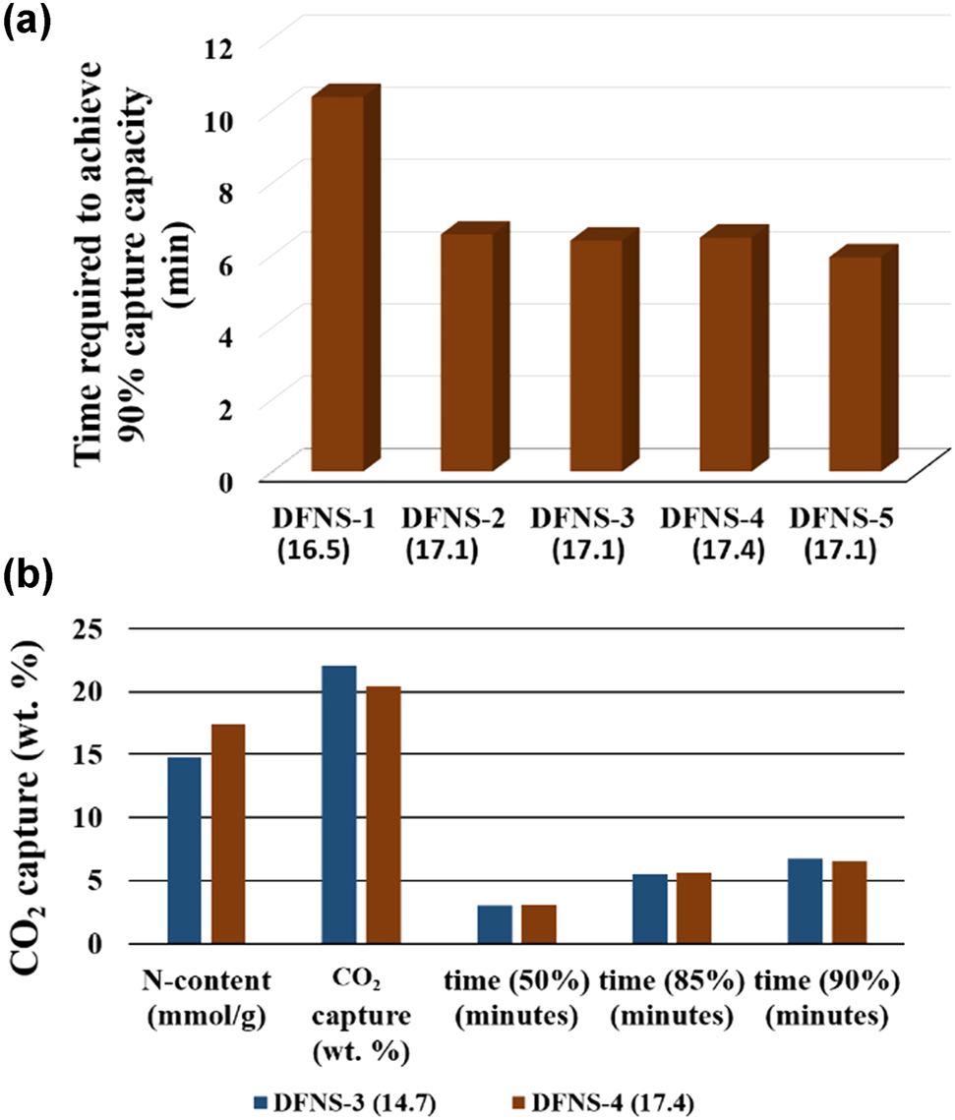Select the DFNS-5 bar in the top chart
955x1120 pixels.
[852, 364]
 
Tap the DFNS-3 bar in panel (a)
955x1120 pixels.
[592, 354]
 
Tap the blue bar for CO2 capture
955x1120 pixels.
[339, 804]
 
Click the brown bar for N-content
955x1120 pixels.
[227, 834]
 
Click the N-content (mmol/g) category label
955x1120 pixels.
[207, 994]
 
